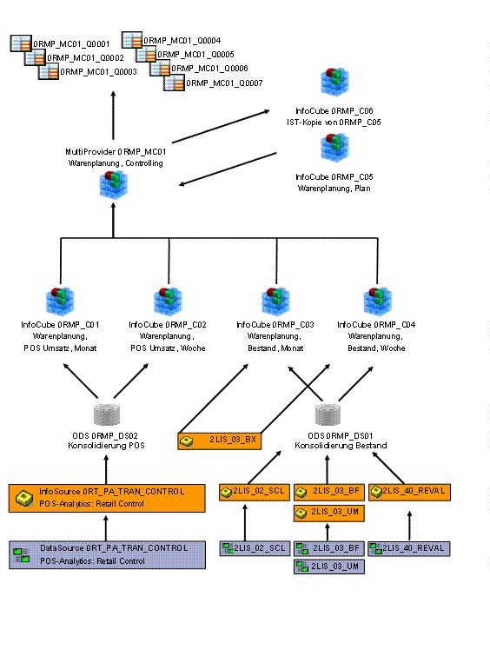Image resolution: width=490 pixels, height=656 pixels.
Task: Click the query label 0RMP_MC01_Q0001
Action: click(71, 44)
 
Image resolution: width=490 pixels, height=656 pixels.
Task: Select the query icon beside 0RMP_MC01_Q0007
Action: click(174, 83)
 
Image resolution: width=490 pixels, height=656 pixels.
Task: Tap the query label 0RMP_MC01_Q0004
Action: click(182, 41)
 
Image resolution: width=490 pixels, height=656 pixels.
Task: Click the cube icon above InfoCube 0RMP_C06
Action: click(334, 82)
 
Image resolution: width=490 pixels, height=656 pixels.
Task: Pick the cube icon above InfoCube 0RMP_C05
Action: click(334, 147)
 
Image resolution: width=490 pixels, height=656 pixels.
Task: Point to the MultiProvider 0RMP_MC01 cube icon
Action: click(114, 184)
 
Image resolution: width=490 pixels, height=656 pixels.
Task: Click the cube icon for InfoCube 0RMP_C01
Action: click(60, 301)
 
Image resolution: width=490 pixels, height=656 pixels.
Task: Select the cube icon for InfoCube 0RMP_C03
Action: click(275, 301)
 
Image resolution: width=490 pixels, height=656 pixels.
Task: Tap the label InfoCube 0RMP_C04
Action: click(376, 325)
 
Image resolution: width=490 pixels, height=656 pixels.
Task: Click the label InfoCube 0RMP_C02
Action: click(168, 325)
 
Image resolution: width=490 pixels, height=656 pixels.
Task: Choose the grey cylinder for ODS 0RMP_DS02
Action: click(107, 414)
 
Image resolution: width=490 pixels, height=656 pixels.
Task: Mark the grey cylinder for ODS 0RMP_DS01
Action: click(328, 414)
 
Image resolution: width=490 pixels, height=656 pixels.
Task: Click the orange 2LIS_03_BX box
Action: click(219, 441)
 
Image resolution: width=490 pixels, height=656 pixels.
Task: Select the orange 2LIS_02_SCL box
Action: click(255, 492)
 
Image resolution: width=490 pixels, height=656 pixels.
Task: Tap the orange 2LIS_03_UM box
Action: click(329, 514)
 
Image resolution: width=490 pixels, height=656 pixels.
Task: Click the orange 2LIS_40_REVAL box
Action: click(410, 492)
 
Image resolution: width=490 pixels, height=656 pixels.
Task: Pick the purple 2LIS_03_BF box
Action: click(329, 548)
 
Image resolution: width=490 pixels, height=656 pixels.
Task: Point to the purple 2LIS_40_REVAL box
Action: click(409, 548)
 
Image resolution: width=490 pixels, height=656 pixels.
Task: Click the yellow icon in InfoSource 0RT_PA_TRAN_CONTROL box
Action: click(24, 498)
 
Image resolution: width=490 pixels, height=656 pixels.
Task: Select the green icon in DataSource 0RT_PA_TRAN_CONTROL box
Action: click(22, 555)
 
